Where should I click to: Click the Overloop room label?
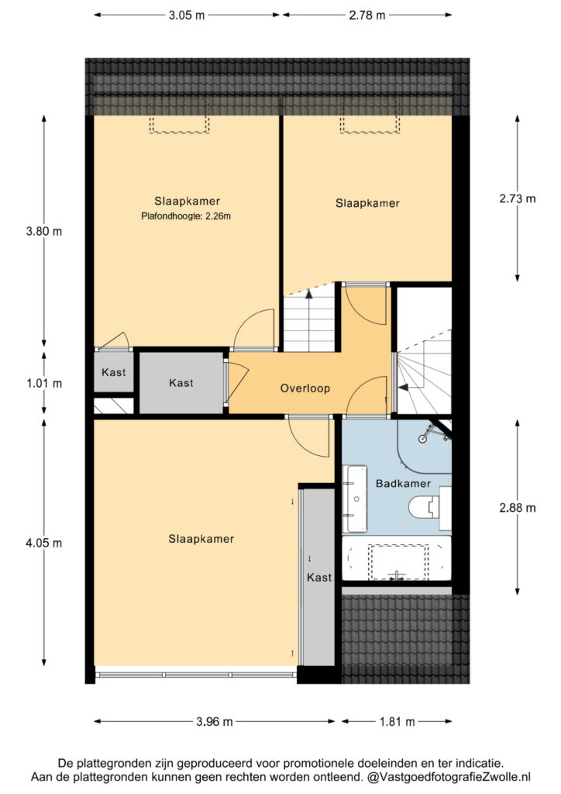[x=305, y=388]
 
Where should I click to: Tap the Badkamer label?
[x=403, y=484]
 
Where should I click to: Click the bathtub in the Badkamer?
[x=396, y=558]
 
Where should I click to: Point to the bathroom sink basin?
[x=356, y=499]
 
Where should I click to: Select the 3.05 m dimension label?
[x=187, y=16]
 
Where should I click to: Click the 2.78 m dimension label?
[x=367, y=16]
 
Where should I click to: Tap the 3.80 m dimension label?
[x=44, y=231]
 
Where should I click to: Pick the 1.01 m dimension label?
[x=44, y=383]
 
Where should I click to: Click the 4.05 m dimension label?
[x=44, y=543]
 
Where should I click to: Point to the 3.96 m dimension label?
[x=215, y=722]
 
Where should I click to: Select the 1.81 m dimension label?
[x=397, y=722]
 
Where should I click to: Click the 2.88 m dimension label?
[x=518, y=508]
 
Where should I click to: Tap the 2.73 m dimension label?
[x=518, y=198]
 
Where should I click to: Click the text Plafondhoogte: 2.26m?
[x=186, y=216]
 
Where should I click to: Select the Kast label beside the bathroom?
[x=319, y=577]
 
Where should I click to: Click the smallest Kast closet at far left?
[x=114, y=371]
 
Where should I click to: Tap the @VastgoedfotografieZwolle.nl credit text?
[x=449, y=777]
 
